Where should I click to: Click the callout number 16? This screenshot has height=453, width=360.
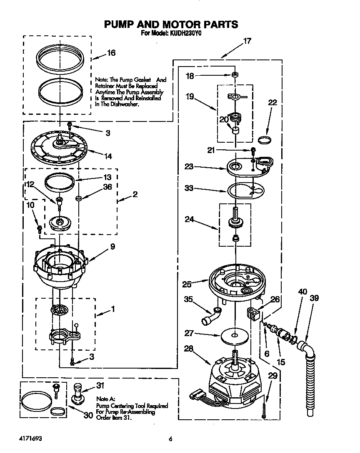coord(111,53)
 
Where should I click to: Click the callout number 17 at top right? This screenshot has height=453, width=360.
coord(247,41)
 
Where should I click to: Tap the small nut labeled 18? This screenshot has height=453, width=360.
coord(235,75)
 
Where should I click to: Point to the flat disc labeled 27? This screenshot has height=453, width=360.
coord(236,335)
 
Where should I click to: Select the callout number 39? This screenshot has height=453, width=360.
coord(314,297)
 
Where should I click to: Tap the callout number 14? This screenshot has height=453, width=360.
coord(108,156)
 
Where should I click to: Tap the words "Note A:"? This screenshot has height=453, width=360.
coord(105,399)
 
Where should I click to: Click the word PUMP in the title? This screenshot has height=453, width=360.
coord(120,24)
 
